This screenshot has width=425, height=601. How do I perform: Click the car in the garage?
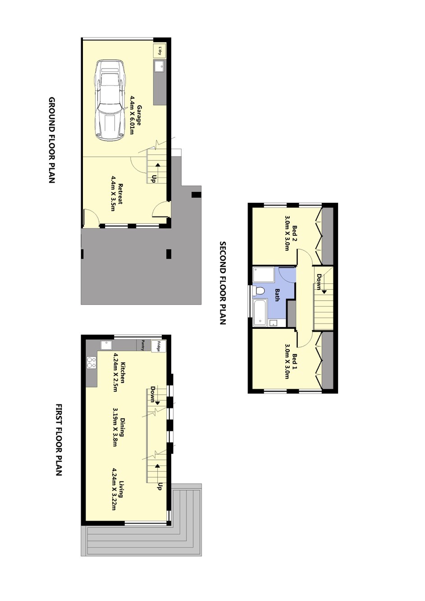pyautogui.click(x=110, y=100)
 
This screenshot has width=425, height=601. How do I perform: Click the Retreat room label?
pyautogui.click(x=120, y=194)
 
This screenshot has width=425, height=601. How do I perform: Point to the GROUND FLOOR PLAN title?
pyautogui.click(x=52, y=140)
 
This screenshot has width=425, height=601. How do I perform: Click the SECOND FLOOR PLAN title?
pyautogui.click(x=223, y=283)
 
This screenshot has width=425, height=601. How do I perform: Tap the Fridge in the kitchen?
pyautogui.click(x=159, y=346)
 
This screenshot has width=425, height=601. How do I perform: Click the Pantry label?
pyautogui.click(x=143, y=345)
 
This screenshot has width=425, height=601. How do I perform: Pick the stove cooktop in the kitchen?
pyautogui.click(x=91, y=363)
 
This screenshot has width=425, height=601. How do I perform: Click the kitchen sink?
pyautogui.click(x=106, y=345)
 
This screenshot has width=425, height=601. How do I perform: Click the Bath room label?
pyautogui.click(x=277, y=295)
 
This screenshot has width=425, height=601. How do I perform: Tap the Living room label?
pyautogui.click(x=122, y=489)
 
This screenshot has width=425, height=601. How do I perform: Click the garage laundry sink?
pyautogui.click(x=160, y=66)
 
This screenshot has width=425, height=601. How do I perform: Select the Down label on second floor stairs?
pyautogui.click(x=319, y=282)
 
